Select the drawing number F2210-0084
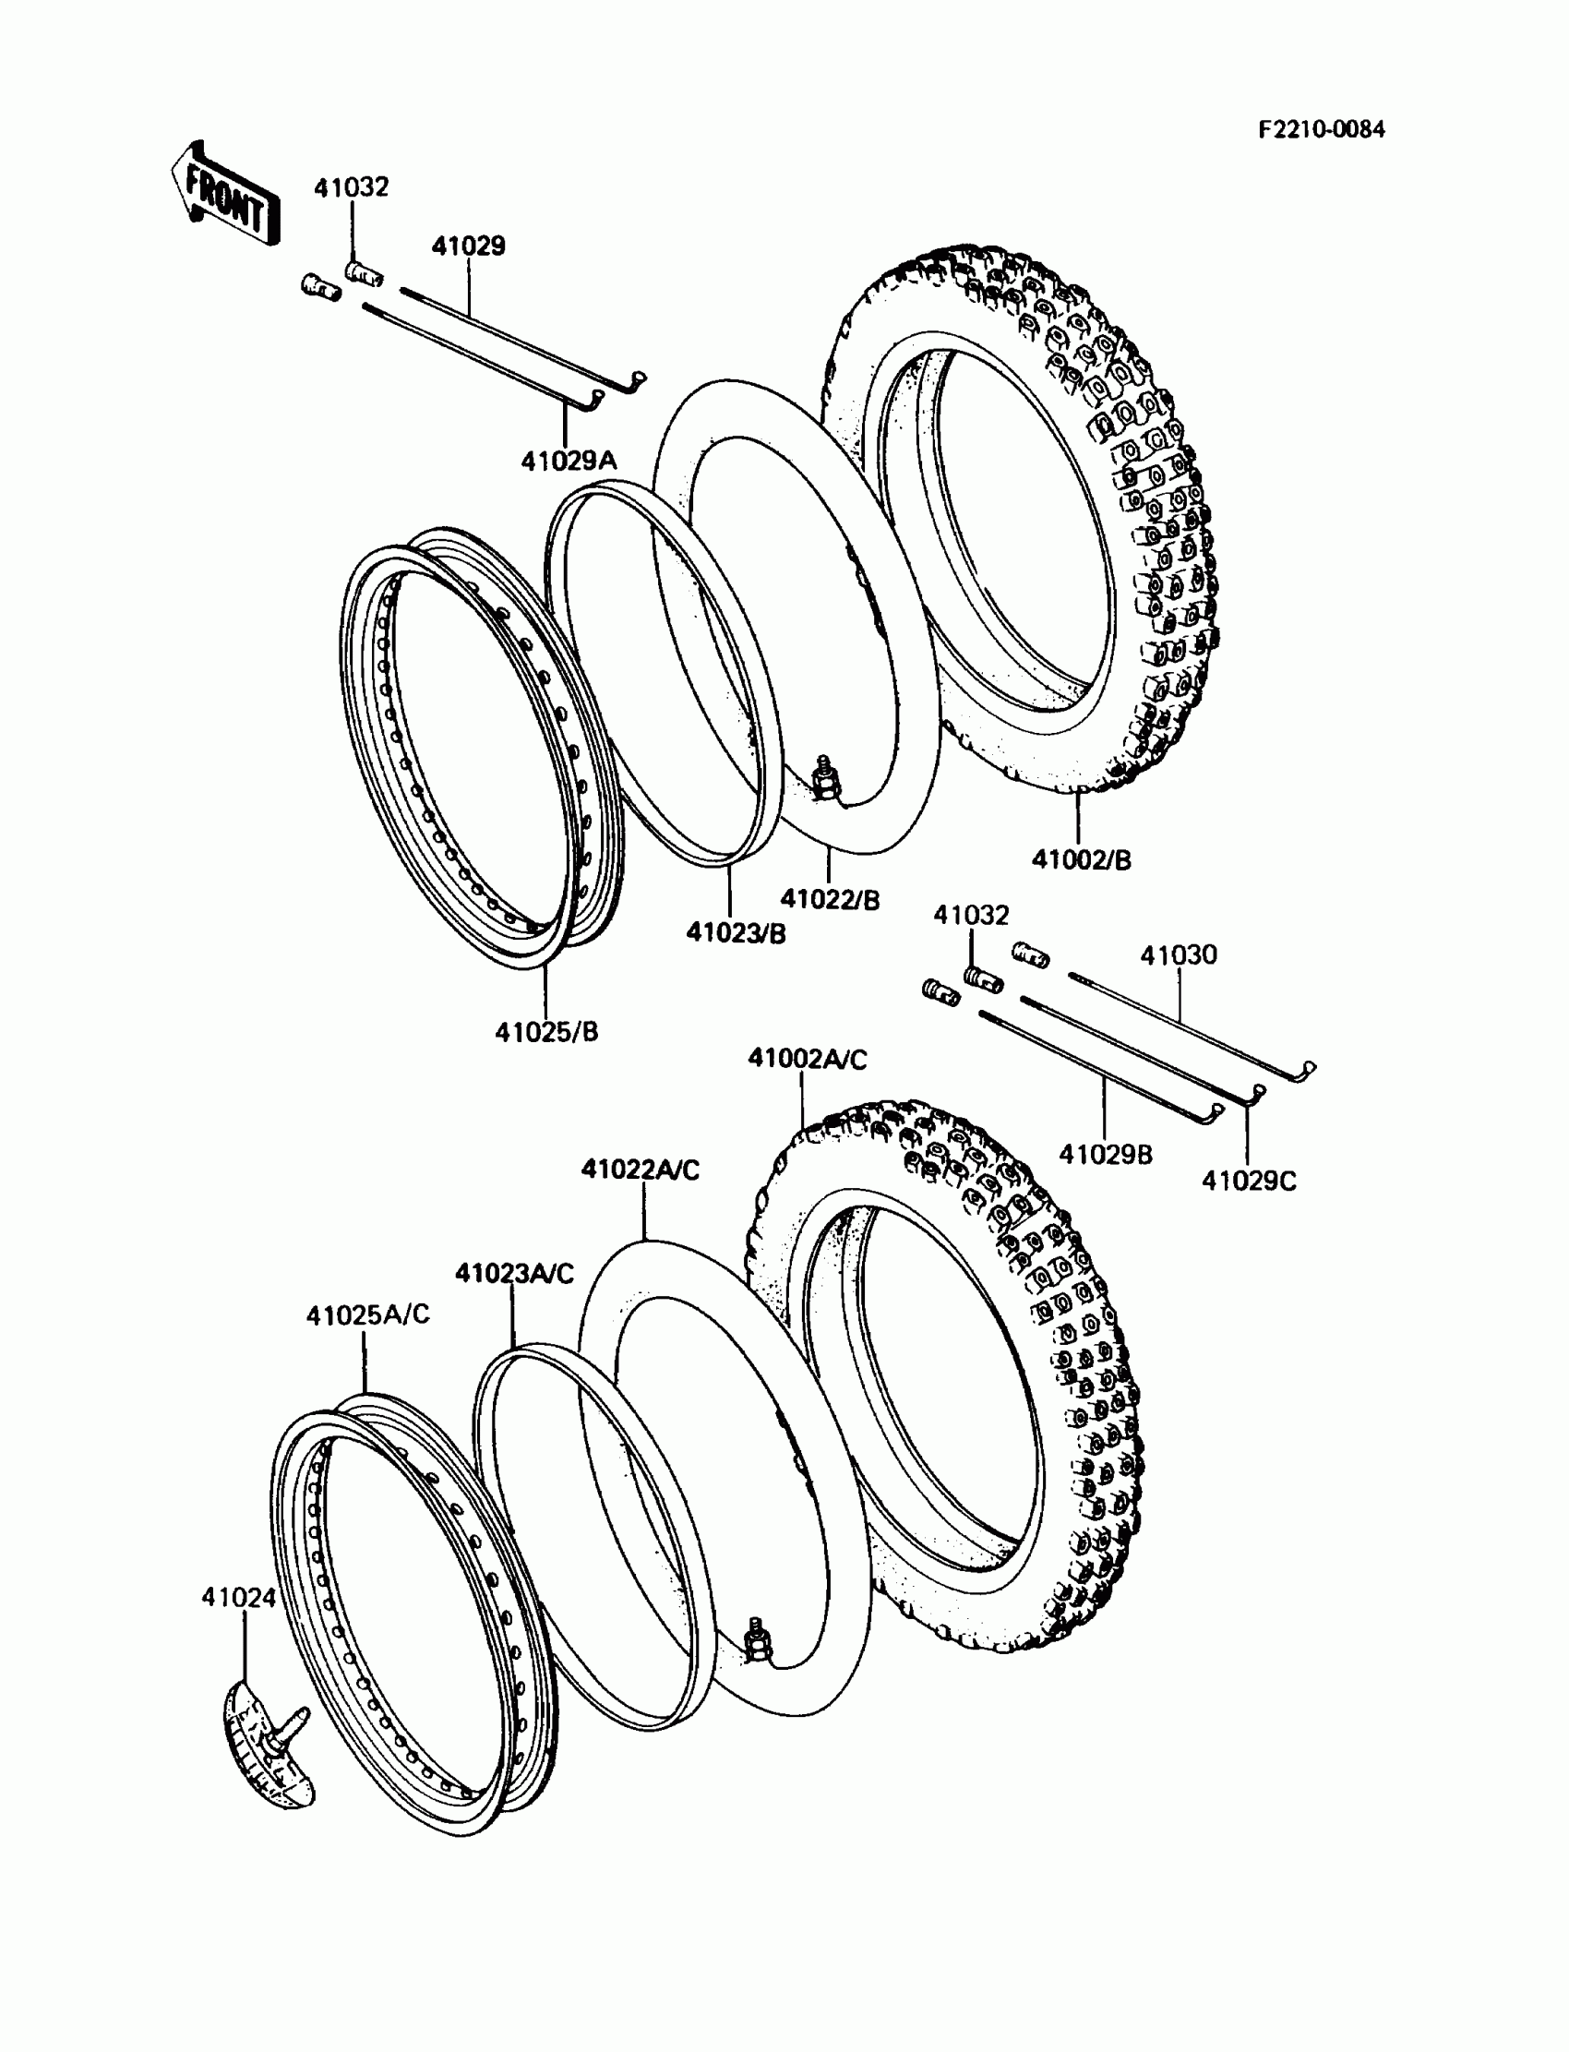1321,130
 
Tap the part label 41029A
569,461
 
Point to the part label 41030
1179,954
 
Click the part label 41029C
1249,1182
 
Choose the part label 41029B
1106,1155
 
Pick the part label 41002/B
1081,860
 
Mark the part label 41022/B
831,899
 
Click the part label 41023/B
736,932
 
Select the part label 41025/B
546,1032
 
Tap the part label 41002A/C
807,1059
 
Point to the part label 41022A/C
640,1170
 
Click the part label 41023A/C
515,1273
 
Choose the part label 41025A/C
368,1315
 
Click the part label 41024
239,1598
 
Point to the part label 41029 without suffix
468,246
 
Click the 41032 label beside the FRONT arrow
351,187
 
